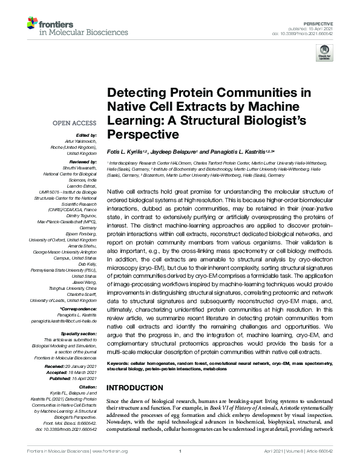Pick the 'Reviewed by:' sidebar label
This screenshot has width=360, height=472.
(x=82, y=163)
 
